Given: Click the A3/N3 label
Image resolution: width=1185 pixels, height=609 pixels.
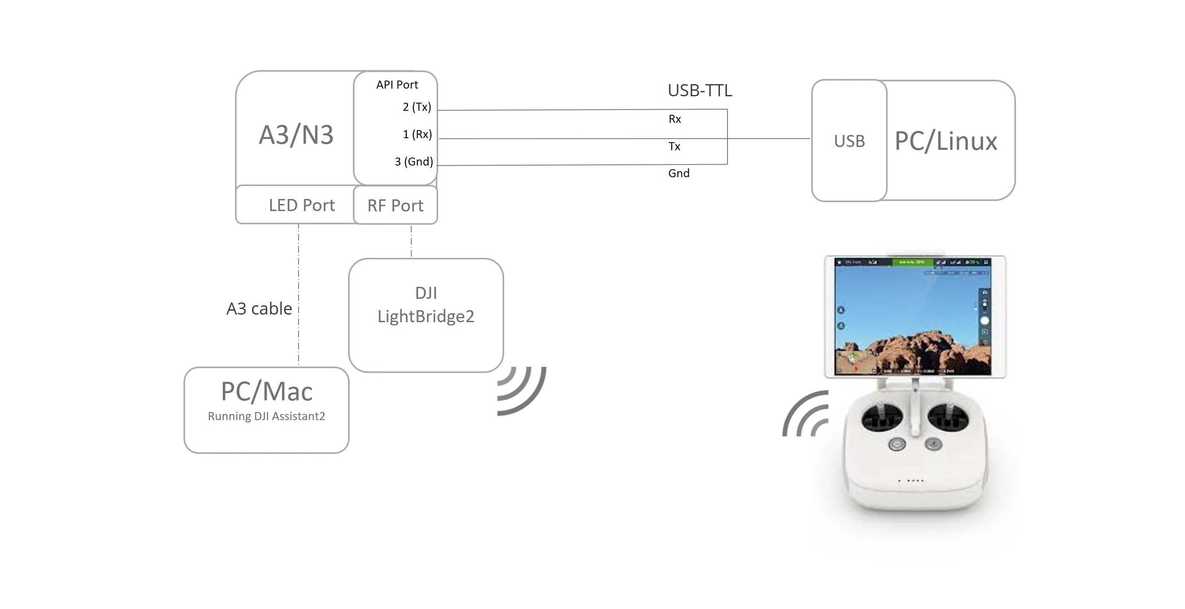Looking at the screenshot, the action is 296,135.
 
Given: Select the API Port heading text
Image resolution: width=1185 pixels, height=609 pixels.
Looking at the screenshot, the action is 397,85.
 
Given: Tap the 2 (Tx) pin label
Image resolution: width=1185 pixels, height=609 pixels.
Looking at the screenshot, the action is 417,107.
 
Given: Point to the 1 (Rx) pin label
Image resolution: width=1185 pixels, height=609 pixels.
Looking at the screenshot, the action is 417,134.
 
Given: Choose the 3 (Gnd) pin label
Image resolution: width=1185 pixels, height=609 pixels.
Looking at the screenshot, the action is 414,162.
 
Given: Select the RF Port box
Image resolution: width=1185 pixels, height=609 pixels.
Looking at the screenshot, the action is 395,206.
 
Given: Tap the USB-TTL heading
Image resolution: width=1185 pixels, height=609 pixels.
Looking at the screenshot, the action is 699,91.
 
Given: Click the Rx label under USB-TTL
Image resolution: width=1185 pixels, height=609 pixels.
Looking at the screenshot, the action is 674,119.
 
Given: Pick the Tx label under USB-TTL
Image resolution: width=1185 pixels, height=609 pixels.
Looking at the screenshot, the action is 674,146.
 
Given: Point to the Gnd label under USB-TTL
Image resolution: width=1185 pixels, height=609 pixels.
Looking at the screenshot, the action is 678,174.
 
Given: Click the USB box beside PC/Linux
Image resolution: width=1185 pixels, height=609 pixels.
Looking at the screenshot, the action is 849,141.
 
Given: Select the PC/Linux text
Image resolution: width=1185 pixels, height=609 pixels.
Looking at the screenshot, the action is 946,141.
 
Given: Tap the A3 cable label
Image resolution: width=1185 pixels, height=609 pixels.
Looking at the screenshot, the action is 259,309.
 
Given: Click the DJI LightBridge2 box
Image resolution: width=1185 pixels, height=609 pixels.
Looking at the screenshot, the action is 426,315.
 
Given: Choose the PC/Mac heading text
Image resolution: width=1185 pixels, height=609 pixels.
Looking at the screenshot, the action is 267,392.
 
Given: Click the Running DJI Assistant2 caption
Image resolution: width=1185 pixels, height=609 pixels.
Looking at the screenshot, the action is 266,416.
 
